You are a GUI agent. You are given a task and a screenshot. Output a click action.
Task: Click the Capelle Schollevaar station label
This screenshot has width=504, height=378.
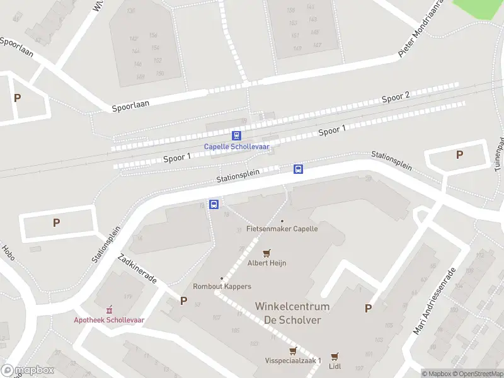pos(236,147)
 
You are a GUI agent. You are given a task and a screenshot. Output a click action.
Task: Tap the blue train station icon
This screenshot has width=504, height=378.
pos(236,135)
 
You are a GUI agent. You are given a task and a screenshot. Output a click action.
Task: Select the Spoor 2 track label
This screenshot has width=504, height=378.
pos(396,97)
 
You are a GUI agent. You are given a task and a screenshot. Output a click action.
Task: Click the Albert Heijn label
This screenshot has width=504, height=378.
pos(266,263)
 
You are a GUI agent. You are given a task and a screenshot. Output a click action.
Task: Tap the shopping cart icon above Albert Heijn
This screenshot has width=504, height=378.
pos(266,253)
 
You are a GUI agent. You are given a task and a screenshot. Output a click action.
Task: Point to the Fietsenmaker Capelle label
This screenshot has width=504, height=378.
pos(282,229)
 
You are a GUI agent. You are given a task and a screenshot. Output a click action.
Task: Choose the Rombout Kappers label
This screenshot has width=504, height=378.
pos(222,286)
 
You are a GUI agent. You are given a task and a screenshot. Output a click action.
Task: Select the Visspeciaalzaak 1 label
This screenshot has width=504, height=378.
pos(294,361)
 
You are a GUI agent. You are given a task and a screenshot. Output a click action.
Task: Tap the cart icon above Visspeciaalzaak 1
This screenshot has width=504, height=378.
pos(292,351)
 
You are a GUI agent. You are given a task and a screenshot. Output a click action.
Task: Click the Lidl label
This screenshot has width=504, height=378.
pos(335,366)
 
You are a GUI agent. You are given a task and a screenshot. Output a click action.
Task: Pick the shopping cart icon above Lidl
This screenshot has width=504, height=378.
pos(335,356)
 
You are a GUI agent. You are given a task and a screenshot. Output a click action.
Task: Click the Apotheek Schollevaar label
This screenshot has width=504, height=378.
pos(109,319)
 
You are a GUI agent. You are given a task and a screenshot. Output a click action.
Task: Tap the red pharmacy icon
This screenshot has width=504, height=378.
pos(109,309)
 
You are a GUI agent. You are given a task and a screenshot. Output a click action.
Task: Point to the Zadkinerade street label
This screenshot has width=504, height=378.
pos(137,269)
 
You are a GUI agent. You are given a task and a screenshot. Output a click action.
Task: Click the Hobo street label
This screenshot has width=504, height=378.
pos(8,254)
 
